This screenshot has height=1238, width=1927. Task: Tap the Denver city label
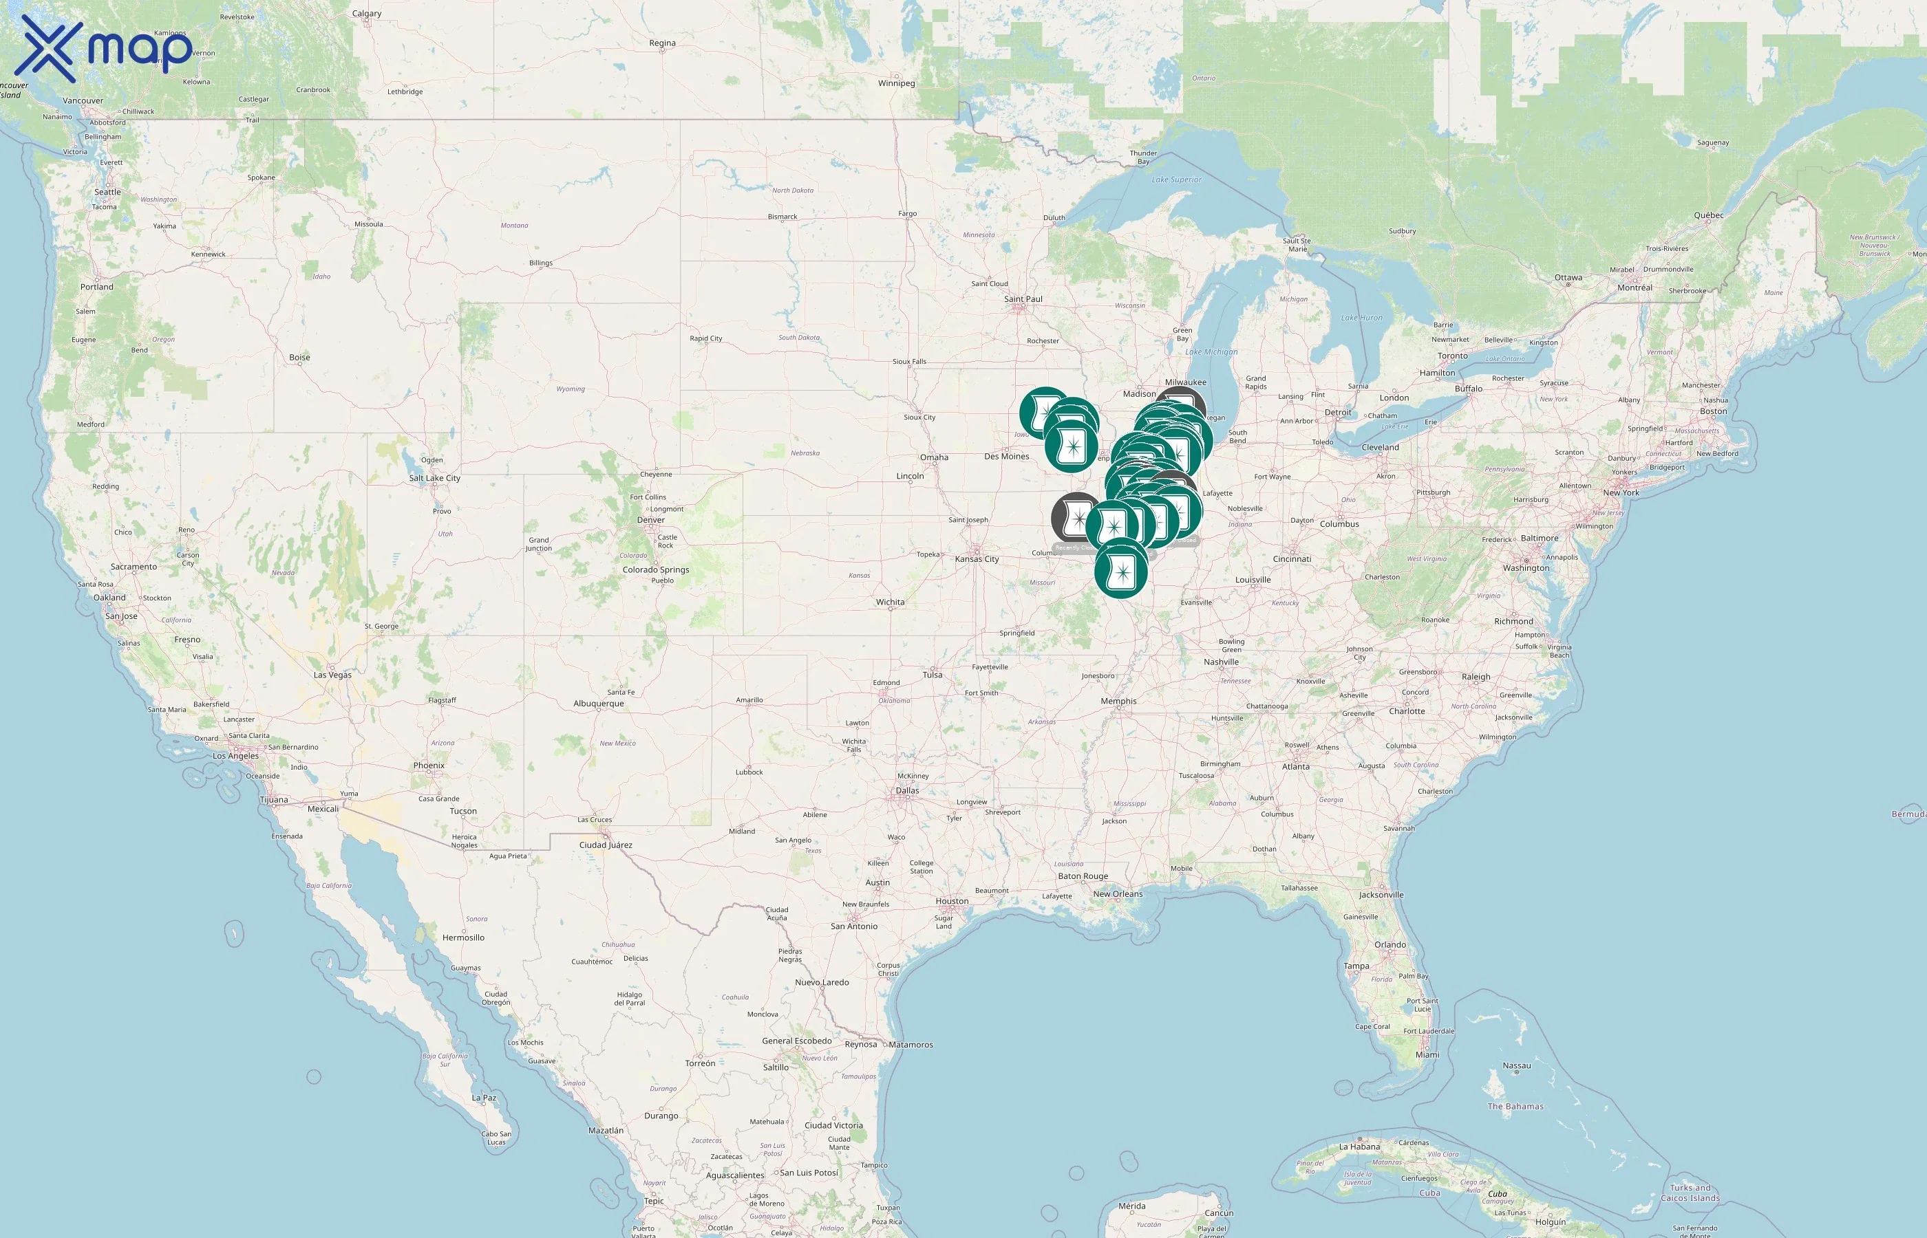coord(650,520)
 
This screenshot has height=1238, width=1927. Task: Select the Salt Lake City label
coord(434,478)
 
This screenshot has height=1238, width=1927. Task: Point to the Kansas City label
coord(977,560)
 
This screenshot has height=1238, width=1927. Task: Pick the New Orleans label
coord(1117,894)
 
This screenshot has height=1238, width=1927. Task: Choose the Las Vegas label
coord(332,675)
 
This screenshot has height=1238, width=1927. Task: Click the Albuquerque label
coord(598,704)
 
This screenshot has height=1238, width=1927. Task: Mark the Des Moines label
coord(1006,457)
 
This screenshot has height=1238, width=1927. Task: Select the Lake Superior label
coord(1176,180)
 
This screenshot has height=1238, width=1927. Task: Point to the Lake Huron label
coord(1361,318)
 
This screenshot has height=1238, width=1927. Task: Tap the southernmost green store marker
coord(1120,572)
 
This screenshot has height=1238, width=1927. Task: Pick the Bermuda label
coord(1908,814)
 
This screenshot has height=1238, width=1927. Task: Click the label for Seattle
coord(108,192)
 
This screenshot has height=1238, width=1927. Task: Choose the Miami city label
coord(1427,1055)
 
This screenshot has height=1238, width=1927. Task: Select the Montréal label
coord(1635,287)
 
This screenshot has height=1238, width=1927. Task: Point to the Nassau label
coord(1517,1066)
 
